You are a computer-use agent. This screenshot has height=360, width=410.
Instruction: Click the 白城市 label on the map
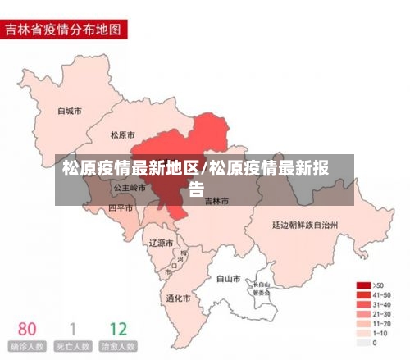(70, 110)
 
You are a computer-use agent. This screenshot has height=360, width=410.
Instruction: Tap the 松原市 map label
(124, 134)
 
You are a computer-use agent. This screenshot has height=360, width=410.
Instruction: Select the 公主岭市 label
(130, 188)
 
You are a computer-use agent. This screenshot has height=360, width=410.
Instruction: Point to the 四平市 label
(121, 208)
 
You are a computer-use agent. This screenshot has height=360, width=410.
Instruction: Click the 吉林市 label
(217, 200)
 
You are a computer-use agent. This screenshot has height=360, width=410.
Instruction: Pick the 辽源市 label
(161, 243)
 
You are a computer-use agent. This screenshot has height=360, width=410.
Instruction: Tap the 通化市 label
(179, 298)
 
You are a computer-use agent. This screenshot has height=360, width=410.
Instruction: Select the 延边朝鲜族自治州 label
(306, 223)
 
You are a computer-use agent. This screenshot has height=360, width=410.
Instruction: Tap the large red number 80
(27, 330)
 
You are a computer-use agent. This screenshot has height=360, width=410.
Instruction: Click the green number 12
(118, 330)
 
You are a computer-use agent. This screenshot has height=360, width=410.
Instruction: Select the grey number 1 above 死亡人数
(73, 330)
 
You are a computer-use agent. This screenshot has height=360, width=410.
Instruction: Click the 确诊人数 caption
(27, 347)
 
